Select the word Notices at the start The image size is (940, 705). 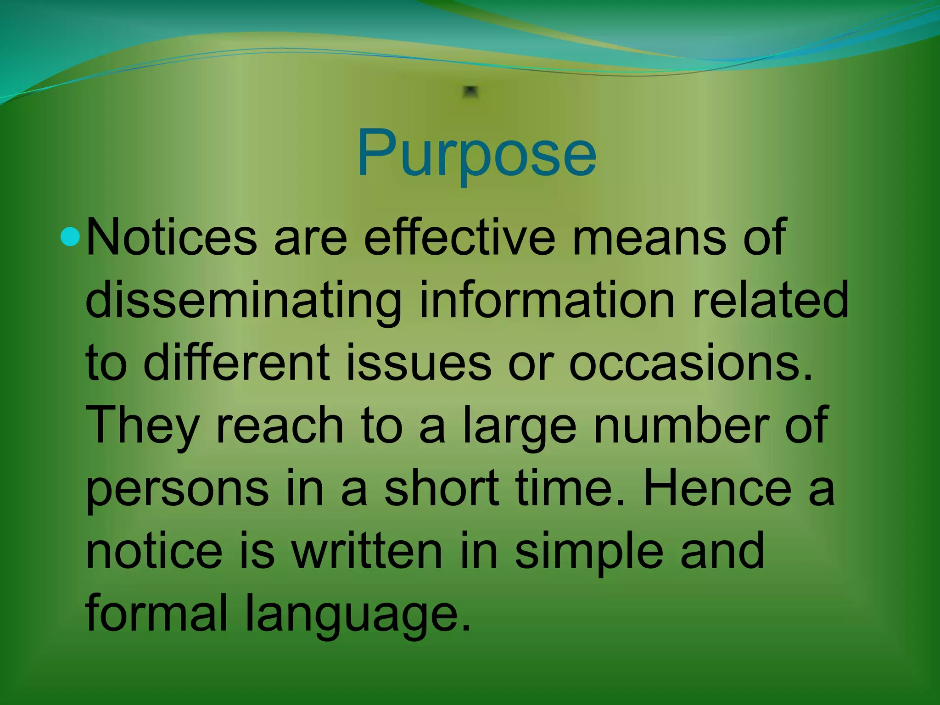click(x=171, y=238)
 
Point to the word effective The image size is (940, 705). click(x=459, y=238)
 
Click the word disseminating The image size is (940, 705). click(x=243, y=301)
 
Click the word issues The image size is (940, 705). click(x=418, y=363)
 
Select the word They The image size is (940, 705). click(x=142, y=425)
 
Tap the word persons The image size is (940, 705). click(x=177, y=489)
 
